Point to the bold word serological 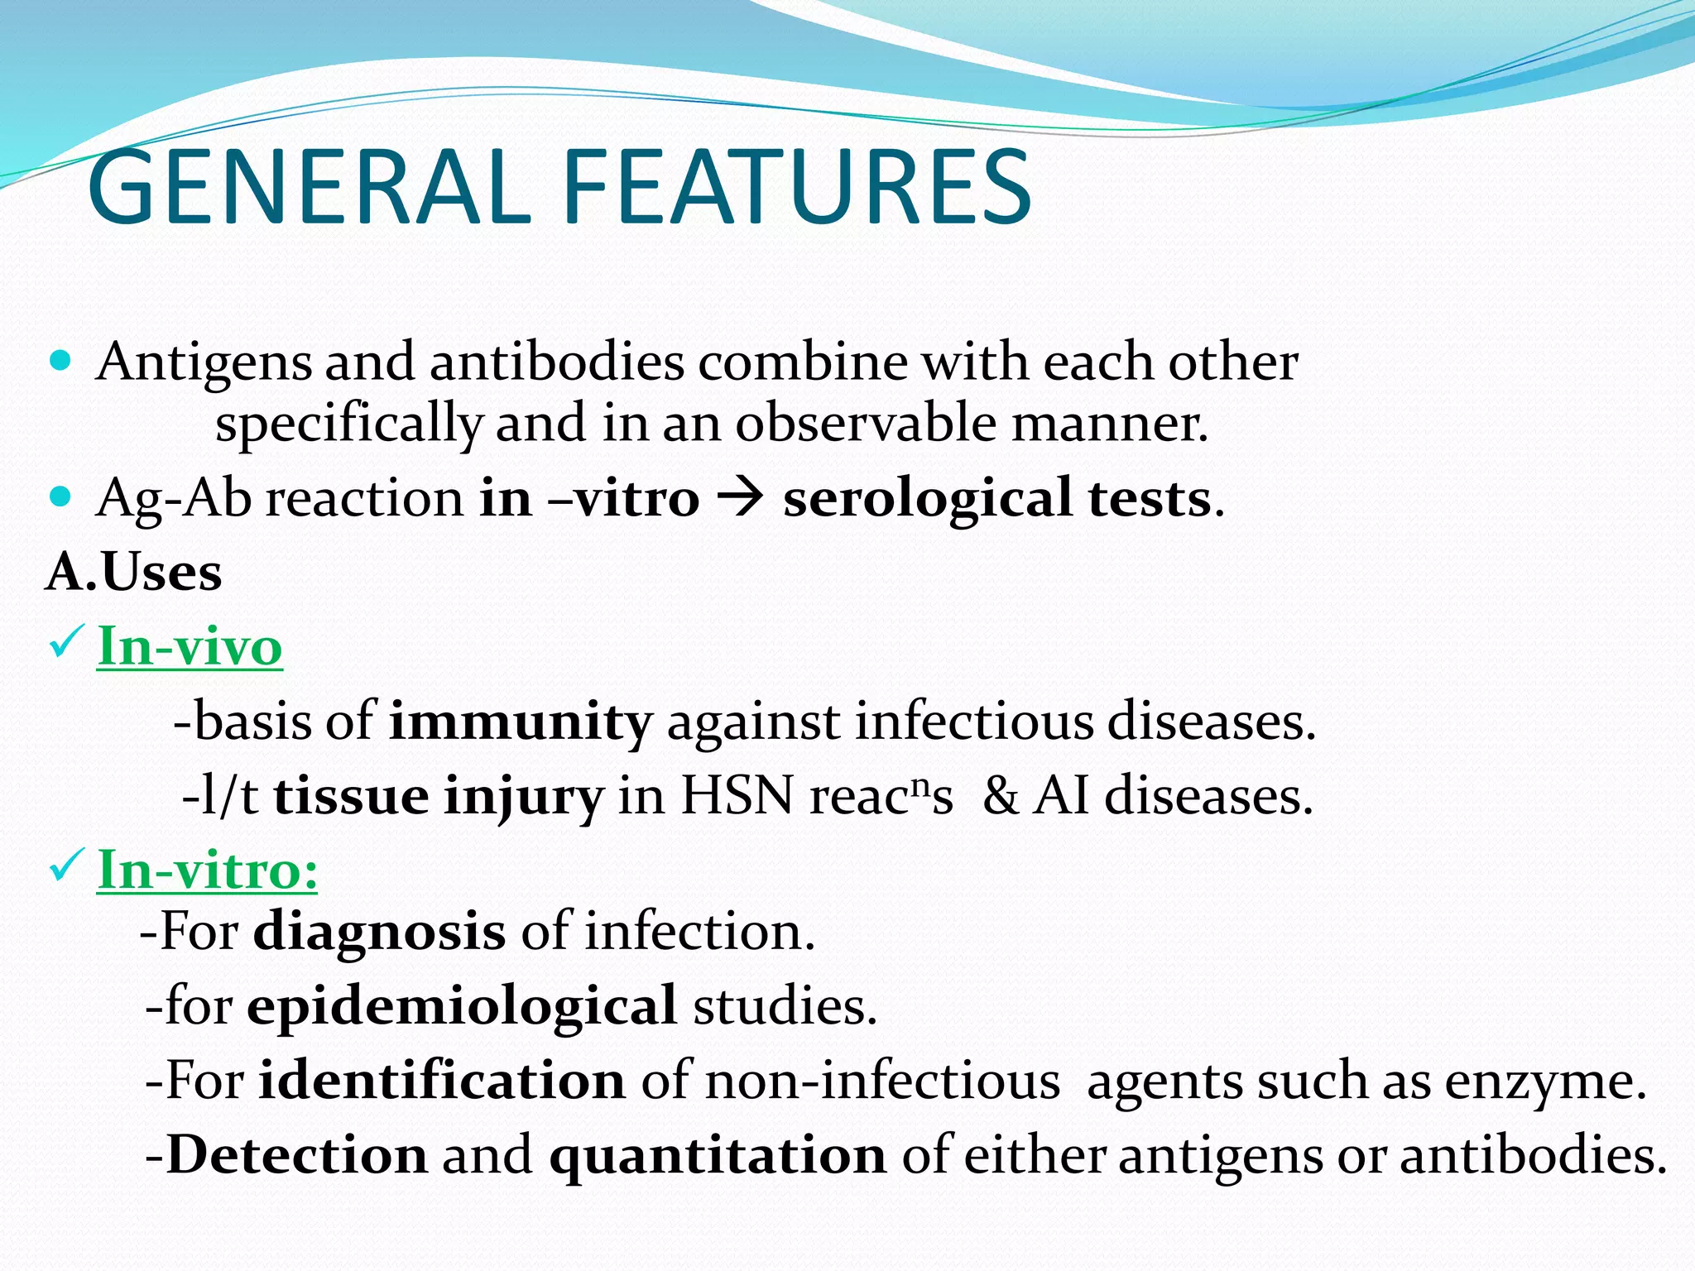pos(927,500)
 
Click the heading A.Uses pos(134,572)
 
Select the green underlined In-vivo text pos(190,646)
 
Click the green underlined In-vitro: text pos(207,871)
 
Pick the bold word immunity pos(521,722)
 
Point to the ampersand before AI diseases pos(1000,796)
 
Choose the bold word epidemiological pos(462,1007)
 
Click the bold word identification pos(441,1082)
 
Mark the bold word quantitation pos(718,1156)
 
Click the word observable pos(866,424)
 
